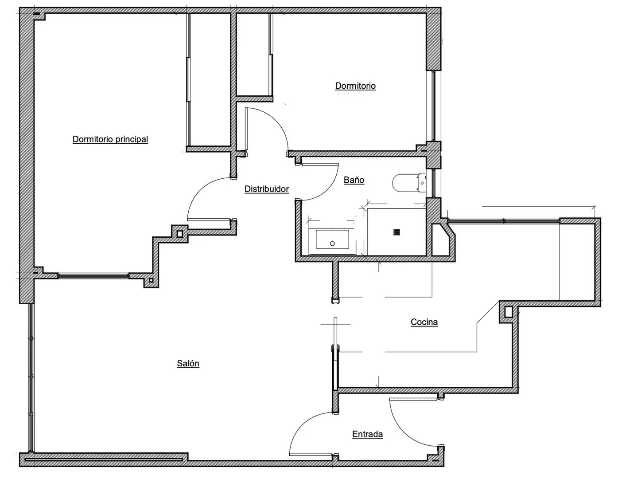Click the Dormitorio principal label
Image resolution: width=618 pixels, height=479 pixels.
(110, 139)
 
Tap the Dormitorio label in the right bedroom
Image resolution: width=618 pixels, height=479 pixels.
(355, 86)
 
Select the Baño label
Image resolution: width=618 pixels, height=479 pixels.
(354, 180)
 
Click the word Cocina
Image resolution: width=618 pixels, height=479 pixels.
(424, 322)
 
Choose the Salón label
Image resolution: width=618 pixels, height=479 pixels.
(188, 363)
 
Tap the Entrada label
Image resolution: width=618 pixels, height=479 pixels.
(367, 434)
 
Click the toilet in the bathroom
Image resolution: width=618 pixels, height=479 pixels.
(409, 182)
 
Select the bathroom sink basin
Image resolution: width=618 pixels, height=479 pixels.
(332, 239)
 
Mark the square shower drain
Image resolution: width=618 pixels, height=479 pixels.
(397, 232)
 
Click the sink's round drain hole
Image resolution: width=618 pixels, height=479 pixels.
(332, 243)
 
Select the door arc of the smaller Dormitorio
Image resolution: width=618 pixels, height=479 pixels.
(277, 120)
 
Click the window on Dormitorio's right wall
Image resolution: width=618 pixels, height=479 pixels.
(433, 106)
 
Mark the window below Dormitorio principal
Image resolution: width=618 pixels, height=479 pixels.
(93, 275)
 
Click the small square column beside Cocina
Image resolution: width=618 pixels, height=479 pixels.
(508, 312)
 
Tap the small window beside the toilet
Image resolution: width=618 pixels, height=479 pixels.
(433, 183)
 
